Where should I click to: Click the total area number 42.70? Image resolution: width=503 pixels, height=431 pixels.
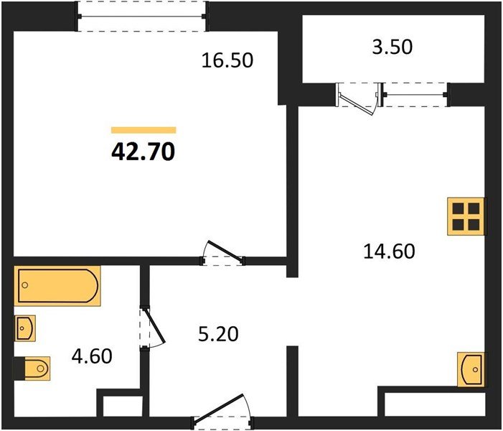coord(144,152)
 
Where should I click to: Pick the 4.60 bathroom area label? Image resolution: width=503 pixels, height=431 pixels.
coord(93,356)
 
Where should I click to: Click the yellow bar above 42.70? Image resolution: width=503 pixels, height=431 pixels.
coord(144,130)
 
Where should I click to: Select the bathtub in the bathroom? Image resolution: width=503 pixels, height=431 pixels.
coord(57,285)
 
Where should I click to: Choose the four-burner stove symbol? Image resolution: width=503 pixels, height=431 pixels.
coord(466,215)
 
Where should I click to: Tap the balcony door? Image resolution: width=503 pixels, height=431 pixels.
coord(357,97)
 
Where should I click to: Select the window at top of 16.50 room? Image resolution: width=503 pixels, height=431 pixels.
coord(141,16)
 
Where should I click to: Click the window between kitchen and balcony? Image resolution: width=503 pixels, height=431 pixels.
coord(415,93)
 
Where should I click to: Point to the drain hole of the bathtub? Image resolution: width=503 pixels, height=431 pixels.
coord(25,285)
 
